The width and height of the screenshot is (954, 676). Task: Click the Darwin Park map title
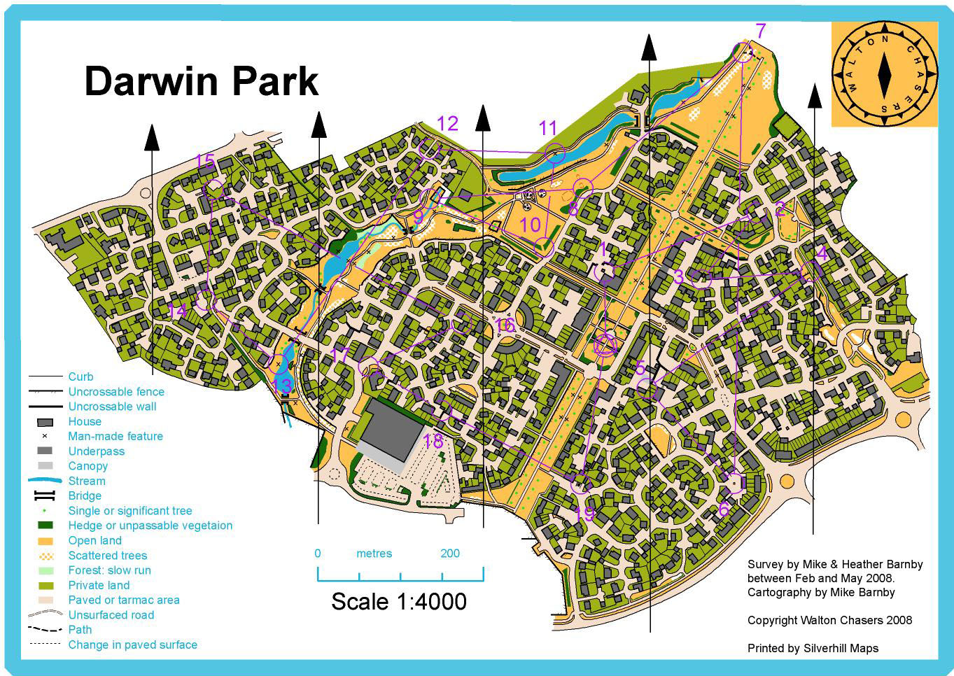coord(201,81)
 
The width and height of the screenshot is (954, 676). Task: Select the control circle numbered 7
coord(742,52)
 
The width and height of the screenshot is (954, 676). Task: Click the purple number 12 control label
coord(447,124)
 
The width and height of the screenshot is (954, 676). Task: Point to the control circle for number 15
coord(215,189)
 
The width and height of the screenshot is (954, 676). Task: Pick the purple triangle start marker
coord(605,344)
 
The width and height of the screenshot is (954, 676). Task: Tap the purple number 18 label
coord(433,442)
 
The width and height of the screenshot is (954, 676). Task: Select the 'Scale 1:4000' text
coord(398,601)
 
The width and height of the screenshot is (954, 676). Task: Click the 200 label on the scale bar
coord(450,554)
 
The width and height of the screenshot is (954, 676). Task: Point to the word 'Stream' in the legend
coord(87,481)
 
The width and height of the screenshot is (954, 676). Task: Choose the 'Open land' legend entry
coord(94,540)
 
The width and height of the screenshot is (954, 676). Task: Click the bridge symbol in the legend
coord(45,496)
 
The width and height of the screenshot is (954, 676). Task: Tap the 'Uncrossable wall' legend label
coord(112,407)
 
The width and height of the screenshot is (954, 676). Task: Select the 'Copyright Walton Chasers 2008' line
coord(829,620)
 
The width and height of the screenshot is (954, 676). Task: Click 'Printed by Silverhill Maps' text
coord(813,648)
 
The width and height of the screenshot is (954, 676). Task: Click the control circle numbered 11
coord(554,153)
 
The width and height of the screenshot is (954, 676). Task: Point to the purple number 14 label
coord(178,311)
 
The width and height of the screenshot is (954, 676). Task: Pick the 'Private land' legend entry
coord(99,585)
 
